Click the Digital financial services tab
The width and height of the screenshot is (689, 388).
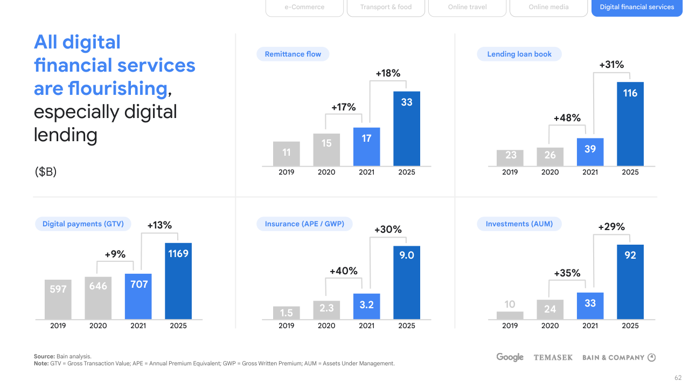click(x=637, y=8)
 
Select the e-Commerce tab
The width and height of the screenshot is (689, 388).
click(x=304, y=8)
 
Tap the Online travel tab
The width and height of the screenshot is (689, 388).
click(x=467, y=8)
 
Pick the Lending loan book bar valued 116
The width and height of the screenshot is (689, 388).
click(x=630, y=124)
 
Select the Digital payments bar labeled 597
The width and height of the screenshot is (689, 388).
click(x=58, y=299)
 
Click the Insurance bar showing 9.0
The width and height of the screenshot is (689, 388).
click(x=407, y=282)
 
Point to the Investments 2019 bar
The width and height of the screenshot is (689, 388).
click(x=510, y=315)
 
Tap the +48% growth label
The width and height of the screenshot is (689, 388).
click(x=567, y=118)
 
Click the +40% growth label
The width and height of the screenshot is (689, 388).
click(x=344, y=271)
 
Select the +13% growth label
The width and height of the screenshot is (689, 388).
click(x=159, y=225)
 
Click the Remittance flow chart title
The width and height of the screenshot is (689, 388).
click(x=293, y=54)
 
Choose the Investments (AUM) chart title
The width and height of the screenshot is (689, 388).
click(x=519, y=224)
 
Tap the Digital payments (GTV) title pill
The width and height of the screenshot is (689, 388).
click(x=83, y=224)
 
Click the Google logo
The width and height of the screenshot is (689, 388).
click(x=510, y=357)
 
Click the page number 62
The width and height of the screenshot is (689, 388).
click(x=678, y=378)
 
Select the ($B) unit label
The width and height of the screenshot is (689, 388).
click(x=45, y=172)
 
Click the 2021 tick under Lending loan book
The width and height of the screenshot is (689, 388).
click(x=590, y=172)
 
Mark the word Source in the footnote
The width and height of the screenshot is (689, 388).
click(x=44, y=356)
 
